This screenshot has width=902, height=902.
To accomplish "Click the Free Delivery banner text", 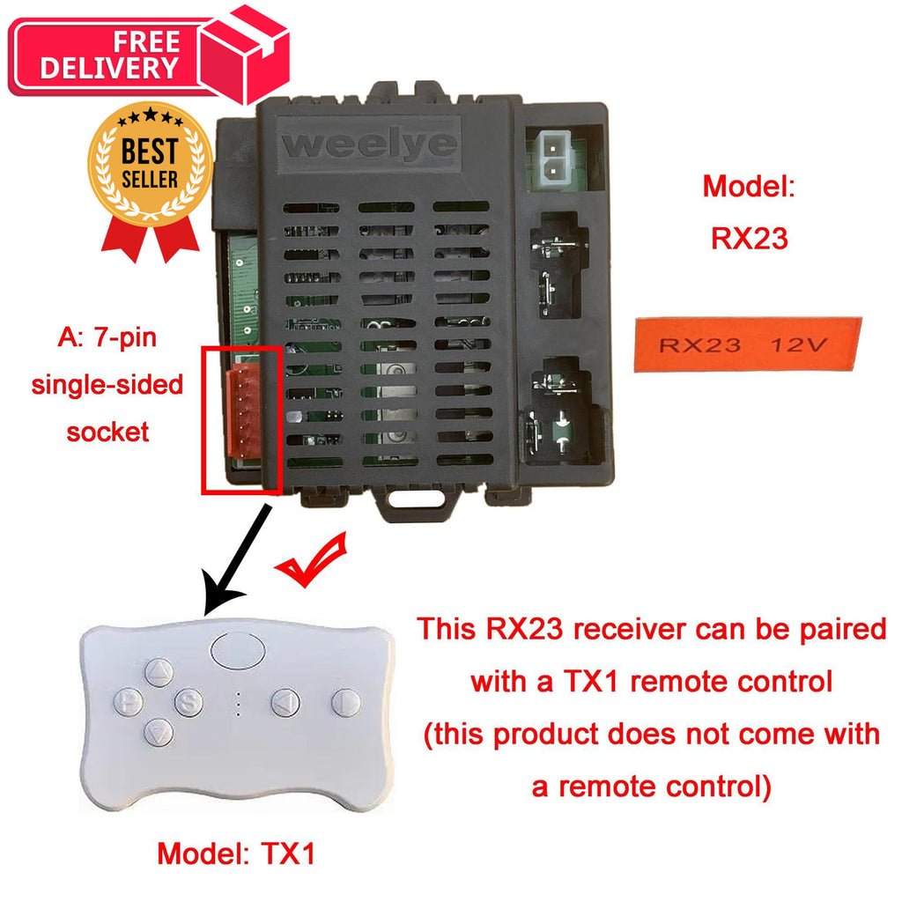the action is pos(110,55).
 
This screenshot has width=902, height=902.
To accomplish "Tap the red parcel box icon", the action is pos(244,54).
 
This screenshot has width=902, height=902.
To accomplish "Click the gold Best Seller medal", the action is pos(150,163).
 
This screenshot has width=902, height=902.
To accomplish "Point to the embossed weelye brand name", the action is pos(369,144).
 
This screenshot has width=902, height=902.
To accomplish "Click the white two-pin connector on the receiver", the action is pos(554,159).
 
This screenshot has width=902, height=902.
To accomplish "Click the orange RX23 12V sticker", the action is pos(747,344).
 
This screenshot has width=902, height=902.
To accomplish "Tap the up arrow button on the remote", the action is pos(159,672).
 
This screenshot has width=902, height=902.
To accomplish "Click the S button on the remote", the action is pos(189,702).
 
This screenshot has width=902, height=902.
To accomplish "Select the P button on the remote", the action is pos(129,702).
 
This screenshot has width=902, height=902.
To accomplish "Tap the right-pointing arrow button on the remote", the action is pos(345,702).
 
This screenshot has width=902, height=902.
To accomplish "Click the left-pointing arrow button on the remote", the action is pos(285,702).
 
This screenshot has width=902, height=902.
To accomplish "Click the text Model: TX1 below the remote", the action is pos(236,853).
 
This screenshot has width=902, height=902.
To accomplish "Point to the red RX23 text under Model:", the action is pos(749,238).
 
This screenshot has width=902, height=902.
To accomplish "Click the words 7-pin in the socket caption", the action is pos(125,337).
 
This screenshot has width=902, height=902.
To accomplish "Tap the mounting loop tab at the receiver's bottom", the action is pos(417,499).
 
